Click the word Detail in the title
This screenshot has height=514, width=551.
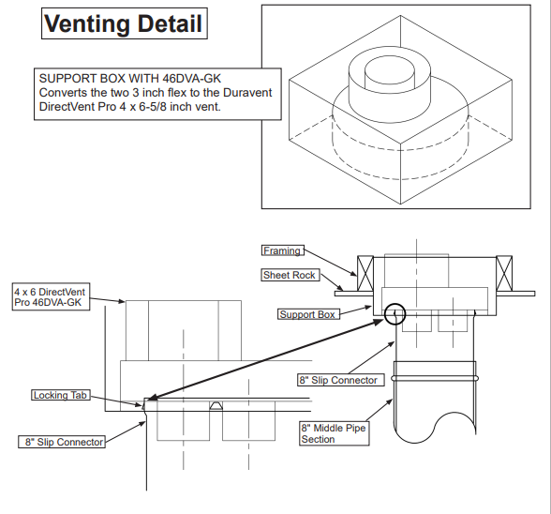tap(170, 24)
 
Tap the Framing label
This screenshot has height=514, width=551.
tap(282, 250)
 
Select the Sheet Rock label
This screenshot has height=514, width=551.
tap(290, 275)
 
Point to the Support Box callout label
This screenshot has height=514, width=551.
tap(308, 314)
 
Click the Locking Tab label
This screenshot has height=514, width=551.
tap(60, 396)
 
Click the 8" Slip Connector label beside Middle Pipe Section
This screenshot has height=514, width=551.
tap(338, 380)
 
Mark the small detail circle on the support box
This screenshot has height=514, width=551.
tap(395, 312)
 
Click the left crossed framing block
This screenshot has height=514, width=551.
tap(365, 272)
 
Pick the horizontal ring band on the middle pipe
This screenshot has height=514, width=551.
tap(437, 378)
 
